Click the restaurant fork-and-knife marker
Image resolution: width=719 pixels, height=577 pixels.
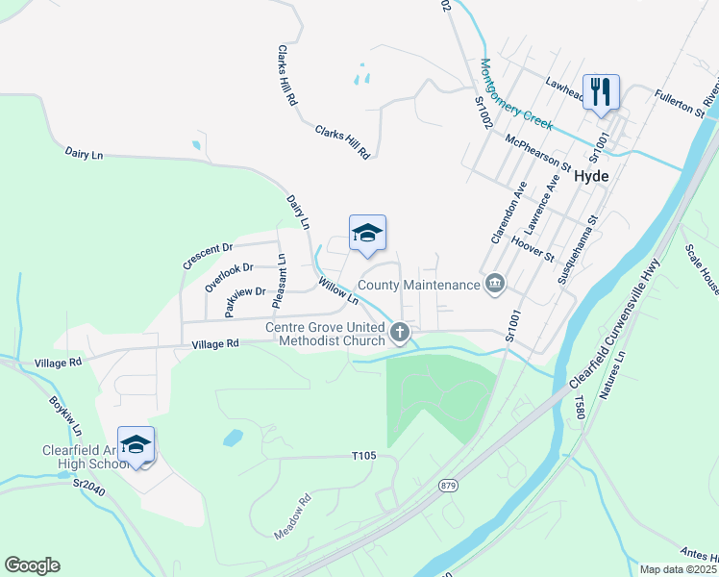tap(601, 92)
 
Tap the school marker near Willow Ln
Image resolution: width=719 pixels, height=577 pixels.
tap(367, 234)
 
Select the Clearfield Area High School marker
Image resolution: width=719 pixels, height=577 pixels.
tap(136, 445)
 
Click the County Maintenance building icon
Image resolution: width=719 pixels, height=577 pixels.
tap(495, 285)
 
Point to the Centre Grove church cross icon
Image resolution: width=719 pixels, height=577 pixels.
tap(400, 333)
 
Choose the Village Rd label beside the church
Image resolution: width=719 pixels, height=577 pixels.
tap(214, 343)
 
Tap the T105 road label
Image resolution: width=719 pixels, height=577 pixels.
tap(363, 455)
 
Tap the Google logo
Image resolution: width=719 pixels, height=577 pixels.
tap(33, 565)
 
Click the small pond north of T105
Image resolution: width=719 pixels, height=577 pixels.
tap(233, 439)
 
